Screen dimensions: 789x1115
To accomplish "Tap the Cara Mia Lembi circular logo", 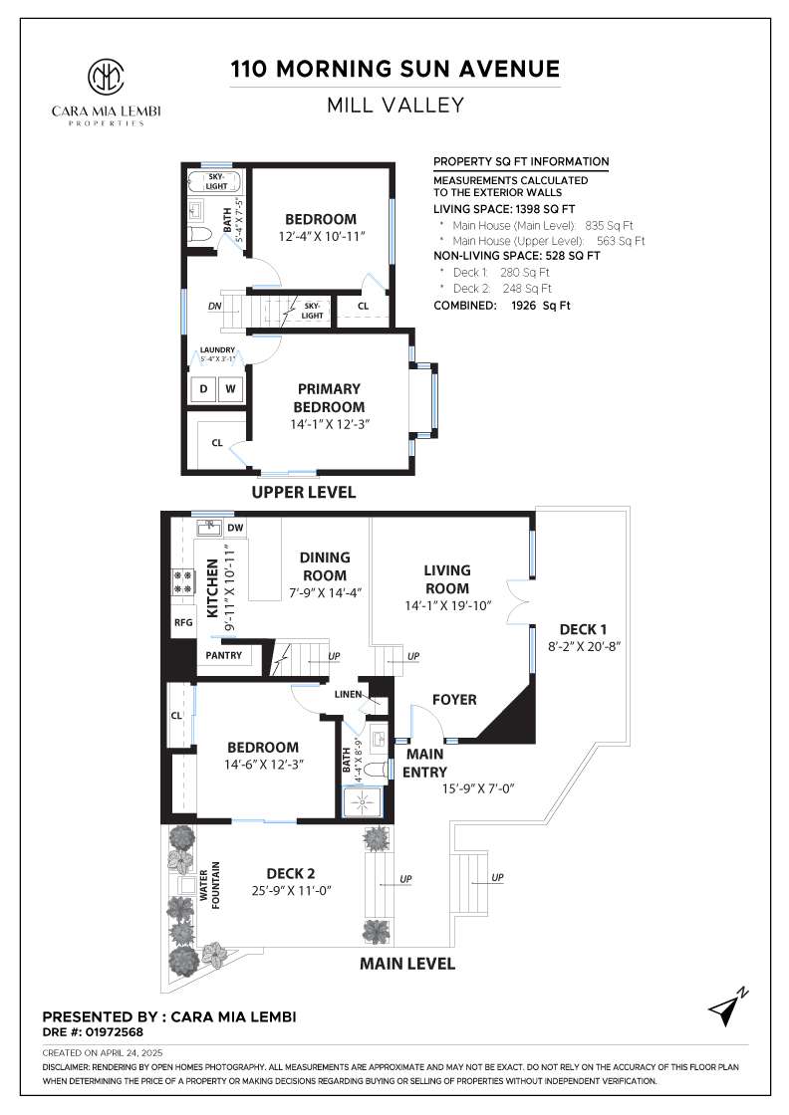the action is point(106,76).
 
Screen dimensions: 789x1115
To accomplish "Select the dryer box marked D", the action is point(204,389).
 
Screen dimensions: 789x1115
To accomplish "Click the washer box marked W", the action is point(230,389).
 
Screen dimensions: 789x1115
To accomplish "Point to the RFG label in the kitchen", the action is point(183,622).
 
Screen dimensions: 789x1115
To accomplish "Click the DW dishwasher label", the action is point(235,528).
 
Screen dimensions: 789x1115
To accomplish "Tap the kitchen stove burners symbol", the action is point(183,581).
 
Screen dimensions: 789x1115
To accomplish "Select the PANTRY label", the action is point(223,655).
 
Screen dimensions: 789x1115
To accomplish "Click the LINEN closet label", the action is point(348,694).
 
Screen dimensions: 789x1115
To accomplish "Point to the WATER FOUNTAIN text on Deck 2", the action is point(210,885).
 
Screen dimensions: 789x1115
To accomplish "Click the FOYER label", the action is point(454,700).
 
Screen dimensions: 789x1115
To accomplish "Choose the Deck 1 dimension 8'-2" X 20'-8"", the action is point(584,646).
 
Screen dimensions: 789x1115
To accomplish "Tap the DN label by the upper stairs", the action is point(215,307).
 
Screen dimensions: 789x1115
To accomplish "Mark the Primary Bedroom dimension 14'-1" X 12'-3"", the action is point(329,424).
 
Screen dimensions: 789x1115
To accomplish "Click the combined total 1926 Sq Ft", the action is point(541,306).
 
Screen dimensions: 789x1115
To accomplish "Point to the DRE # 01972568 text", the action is point(93,1031).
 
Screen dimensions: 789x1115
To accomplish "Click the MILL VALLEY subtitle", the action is point(395,106).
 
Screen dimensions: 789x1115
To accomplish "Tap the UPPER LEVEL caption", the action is point(304,492).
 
